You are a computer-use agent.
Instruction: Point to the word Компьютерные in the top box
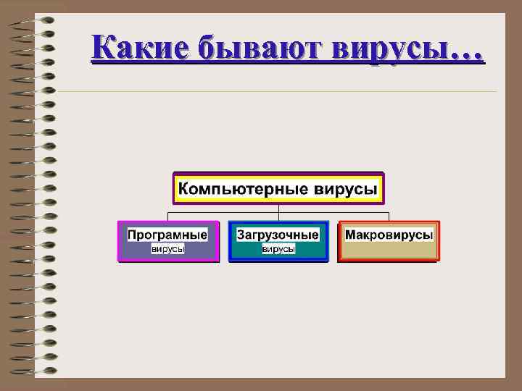[243, 190]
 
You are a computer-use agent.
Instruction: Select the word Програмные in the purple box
[167, 235]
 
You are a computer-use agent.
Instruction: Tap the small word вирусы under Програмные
[167, 249]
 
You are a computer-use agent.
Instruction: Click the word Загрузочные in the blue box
[278, 235]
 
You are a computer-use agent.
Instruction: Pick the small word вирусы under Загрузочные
[278, 249]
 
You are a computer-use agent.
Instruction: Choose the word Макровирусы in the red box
[389, 235]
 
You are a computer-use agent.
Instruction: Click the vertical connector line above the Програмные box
[167, 216]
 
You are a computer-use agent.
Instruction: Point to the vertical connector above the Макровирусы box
[389, 216]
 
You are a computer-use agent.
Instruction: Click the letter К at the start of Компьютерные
[184, 190]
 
